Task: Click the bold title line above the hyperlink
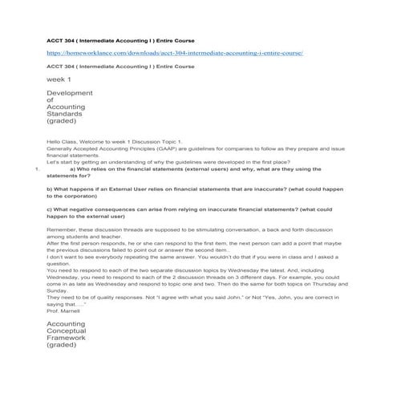(x=120, y=40)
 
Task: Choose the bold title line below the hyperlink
(x=120, y=66)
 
